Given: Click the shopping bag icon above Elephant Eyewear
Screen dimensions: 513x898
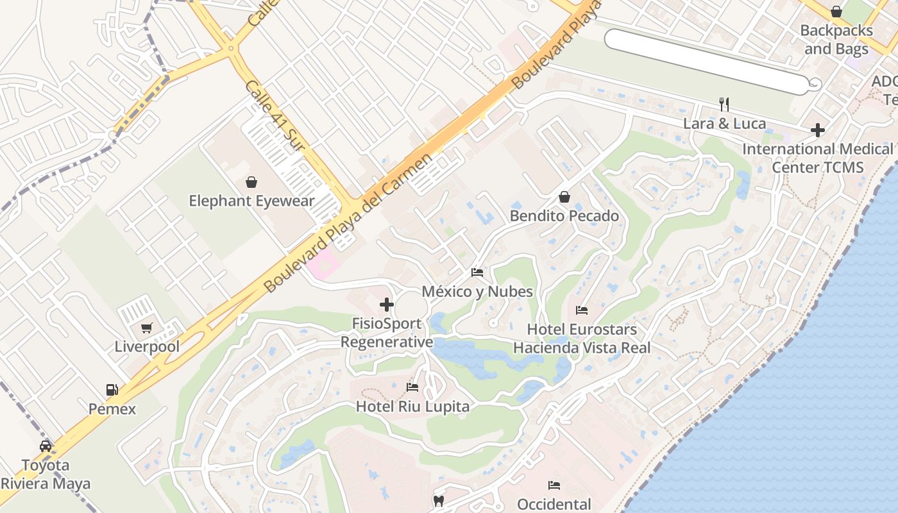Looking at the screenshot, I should [251, 183].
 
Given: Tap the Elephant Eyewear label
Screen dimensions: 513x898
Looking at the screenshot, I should [251, 201].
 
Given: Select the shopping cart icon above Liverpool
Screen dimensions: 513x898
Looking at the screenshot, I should [147, 328].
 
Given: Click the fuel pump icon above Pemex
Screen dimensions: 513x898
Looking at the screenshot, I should [112, 389].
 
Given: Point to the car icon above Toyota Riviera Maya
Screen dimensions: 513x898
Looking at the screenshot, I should [46, 446].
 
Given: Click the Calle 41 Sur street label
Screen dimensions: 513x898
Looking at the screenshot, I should [275, 115].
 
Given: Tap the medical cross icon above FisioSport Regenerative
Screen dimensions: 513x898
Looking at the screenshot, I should [387, 305].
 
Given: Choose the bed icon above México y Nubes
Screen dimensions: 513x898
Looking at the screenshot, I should [477, 273].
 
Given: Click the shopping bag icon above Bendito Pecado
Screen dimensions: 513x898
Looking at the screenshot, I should [564, 197].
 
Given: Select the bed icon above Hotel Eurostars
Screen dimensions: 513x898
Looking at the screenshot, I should [582, 310].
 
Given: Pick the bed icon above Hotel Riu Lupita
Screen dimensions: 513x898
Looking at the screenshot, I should [412, 387].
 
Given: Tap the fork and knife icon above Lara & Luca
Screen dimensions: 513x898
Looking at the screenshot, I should [724, 104].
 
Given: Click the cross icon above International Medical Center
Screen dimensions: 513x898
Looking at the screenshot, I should [818, 130].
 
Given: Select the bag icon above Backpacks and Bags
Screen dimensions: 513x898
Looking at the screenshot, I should [836, 12].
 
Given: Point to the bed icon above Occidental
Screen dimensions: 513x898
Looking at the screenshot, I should [554, 485].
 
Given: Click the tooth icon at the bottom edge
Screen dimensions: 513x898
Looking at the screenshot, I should [439, 501].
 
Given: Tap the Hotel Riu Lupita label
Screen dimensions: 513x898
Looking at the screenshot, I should [412, 406].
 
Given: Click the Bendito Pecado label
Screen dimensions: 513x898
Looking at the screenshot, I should [564, 215].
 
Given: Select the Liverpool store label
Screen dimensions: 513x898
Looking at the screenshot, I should [147, 347].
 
